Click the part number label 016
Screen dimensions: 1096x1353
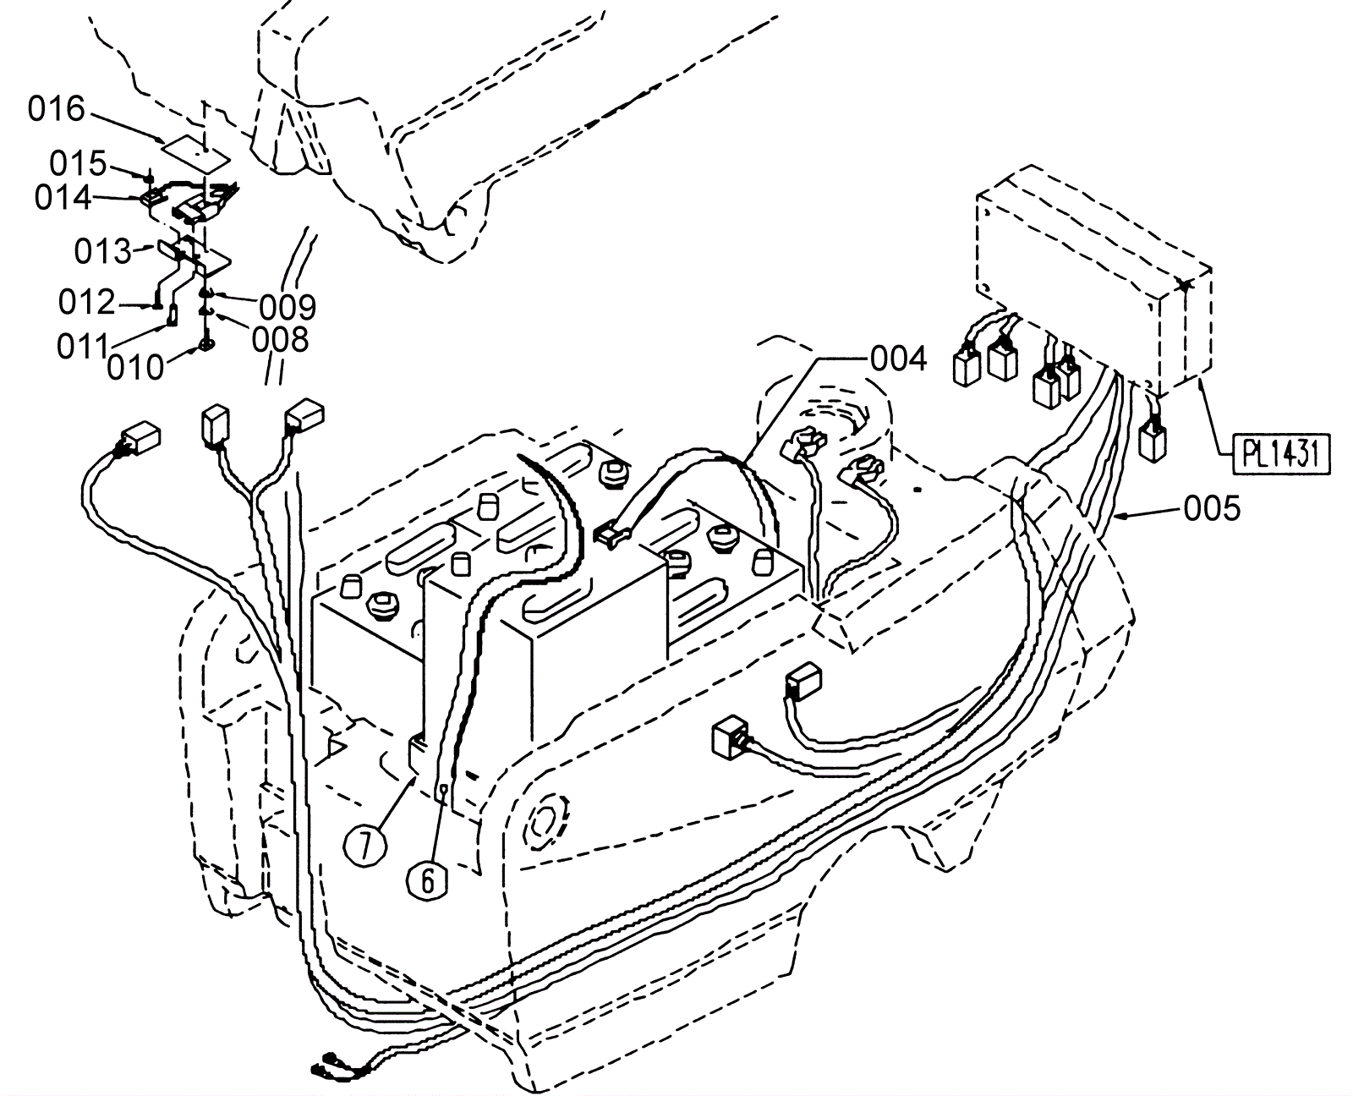pos(57,110)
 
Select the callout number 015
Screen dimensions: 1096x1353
pos(77,163)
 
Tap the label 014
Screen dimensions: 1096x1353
pos(63,198)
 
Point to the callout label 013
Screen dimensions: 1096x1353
pos(102,251)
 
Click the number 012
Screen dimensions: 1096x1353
pos(86,302)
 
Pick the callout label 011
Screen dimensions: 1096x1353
pos(82,347)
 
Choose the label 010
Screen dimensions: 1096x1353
pos(135,367)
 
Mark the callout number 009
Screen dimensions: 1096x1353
pos(288,306)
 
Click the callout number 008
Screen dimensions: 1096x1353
pos(280,340)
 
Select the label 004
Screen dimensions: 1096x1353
pos(898,359)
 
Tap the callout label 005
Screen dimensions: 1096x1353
pos(1212,509)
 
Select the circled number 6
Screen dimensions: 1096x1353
pos(427,881)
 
